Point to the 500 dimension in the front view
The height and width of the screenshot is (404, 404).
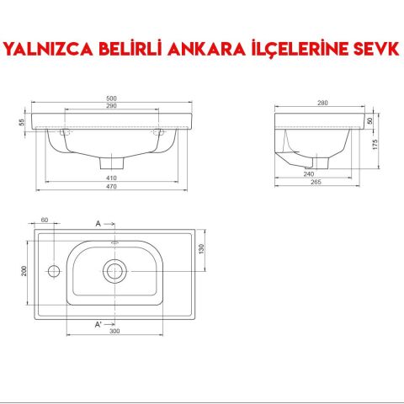tap(112, 98)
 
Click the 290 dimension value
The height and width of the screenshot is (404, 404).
tap(112, 107)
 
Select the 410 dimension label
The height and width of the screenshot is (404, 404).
tap(112, 178)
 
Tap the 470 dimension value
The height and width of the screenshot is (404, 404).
tap(112, 187)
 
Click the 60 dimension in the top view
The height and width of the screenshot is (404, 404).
tap(44, 221)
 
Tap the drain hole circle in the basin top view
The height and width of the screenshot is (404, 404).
tap(114, 270)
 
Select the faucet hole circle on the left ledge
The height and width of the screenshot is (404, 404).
tap(52, 271)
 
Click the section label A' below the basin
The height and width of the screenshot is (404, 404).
tap(99, 324)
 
